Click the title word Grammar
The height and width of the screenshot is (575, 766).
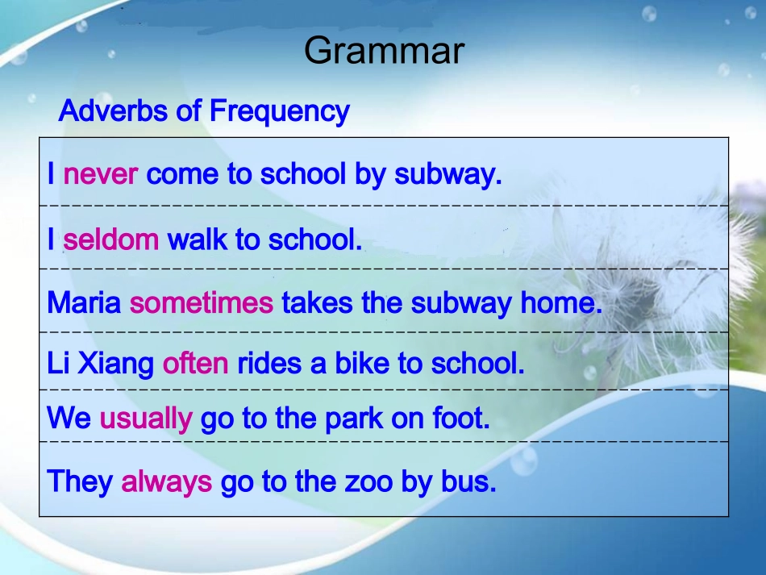pyautogui.click(x=384, y=50)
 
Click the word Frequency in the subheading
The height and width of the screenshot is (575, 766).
pyautogui.click(x=280, y=111)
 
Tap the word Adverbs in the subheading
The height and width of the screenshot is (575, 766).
pyautogui.click(x=113, y=110)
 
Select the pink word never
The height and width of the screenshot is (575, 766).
pyautogui.click(x=101, y=174)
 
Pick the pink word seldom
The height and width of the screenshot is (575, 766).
pyautogui.click(x=111, y=240)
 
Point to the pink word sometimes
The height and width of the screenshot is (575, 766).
pyautogui.click(x=202, y=302)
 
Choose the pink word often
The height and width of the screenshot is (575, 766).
pyautogui.click(x=195, y=363)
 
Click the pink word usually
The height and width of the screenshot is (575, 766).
pyautogui.click(x=146, y=419)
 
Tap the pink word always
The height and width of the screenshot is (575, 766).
pyautogui.click(x=167, y=481)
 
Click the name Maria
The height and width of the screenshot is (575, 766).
pyautogui.click(x=84, y=302)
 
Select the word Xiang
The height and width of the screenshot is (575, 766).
pyautogui.click(x=116, y=364)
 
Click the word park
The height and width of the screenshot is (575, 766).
pyautogui.click(x=354, y=419)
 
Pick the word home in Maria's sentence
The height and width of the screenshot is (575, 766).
pyautogui.click(x=561, y=302)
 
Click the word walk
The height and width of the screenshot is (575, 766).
pyautogui.click(x=198, y=240)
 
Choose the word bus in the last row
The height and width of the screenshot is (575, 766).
pyautogui.click(x=468, y=481)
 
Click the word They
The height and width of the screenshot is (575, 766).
pyautogui.click(x=80, y=481)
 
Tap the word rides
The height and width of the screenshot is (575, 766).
pyautogui.click(x=269, y=363)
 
